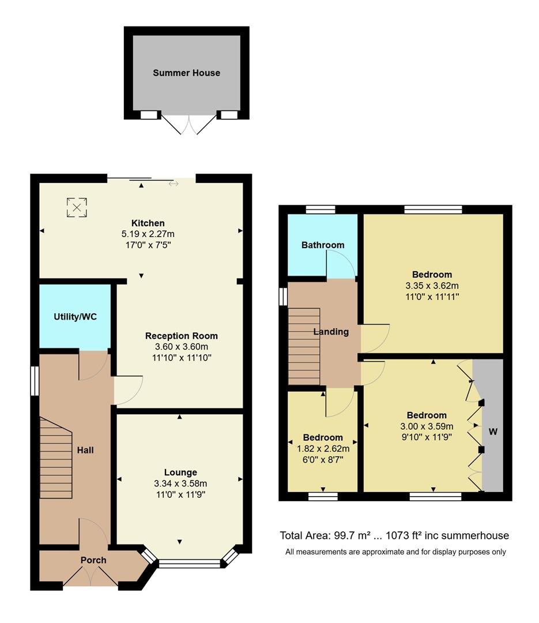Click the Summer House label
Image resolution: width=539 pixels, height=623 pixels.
coord(186,73)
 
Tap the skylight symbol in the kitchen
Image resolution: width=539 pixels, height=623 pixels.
coord(77,207)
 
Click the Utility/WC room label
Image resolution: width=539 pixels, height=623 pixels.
coord(74,317)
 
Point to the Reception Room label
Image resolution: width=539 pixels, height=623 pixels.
coord(181,336)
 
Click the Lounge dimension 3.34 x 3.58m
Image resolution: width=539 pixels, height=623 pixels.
coord(180,483)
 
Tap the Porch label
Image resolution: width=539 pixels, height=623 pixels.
coord(93,560)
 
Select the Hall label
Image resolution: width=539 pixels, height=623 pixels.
coord(86,450)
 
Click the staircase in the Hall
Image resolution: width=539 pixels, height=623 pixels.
coord(56,459)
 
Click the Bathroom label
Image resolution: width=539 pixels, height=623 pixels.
coord(323,245)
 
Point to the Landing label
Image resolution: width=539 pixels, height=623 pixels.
coord(331,332)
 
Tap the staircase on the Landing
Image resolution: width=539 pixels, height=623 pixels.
coord(304,346)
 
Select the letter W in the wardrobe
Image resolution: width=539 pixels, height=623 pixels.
coord(493,431)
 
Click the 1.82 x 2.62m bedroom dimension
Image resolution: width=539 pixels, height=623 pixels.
coord(323,448)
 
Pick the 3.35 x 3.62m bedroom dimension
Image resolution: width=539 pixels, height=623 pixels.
coord(432,286)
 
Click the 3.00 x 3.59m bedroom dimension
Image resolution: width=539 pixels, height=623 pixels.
coord(427,426)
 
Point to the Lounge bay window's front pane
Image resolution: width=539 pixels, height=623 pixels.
coord(190,564)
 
